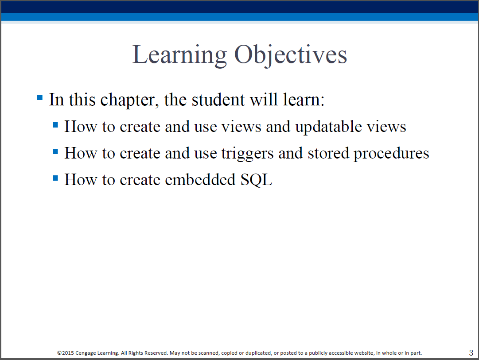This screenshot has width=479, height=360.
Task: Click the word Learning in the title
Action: click(x=179, y=55)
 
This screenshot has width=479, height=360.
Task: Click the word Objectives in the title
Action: click(x=291, y=55)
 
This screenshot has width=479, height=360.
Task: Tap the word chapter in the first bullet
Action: click(x=129, y=100)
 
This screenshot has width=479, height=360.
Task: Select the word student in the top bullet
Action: click(x=218, y=99)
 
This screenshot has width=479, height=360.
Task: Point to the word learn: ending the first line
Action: click(x=304, y=99)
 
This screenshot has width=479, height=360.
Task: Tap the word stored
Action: click(x=328, y=153)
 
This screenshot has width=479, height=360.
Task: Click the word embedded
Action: click(x=200, y=179)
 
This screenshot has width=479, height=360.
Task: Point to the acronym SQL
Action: click(x=256, y=179)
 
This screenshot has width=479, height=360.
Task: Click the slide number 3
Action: click(x=471, y=352)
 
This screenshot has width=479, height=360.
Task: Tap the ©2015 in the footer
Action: click(x=66, y=353)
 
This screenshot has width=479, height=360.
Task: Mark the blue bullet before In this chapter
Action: click(x=40, y=98)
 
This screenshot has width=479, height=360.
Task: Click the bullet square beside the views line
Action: click(x=55, y=125)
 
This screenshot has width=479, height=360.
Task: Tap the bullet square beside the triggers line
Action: click(x=55, y=151)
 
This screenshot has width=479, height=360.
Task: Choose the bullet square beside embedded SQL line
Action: click(x=55, y=178)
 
